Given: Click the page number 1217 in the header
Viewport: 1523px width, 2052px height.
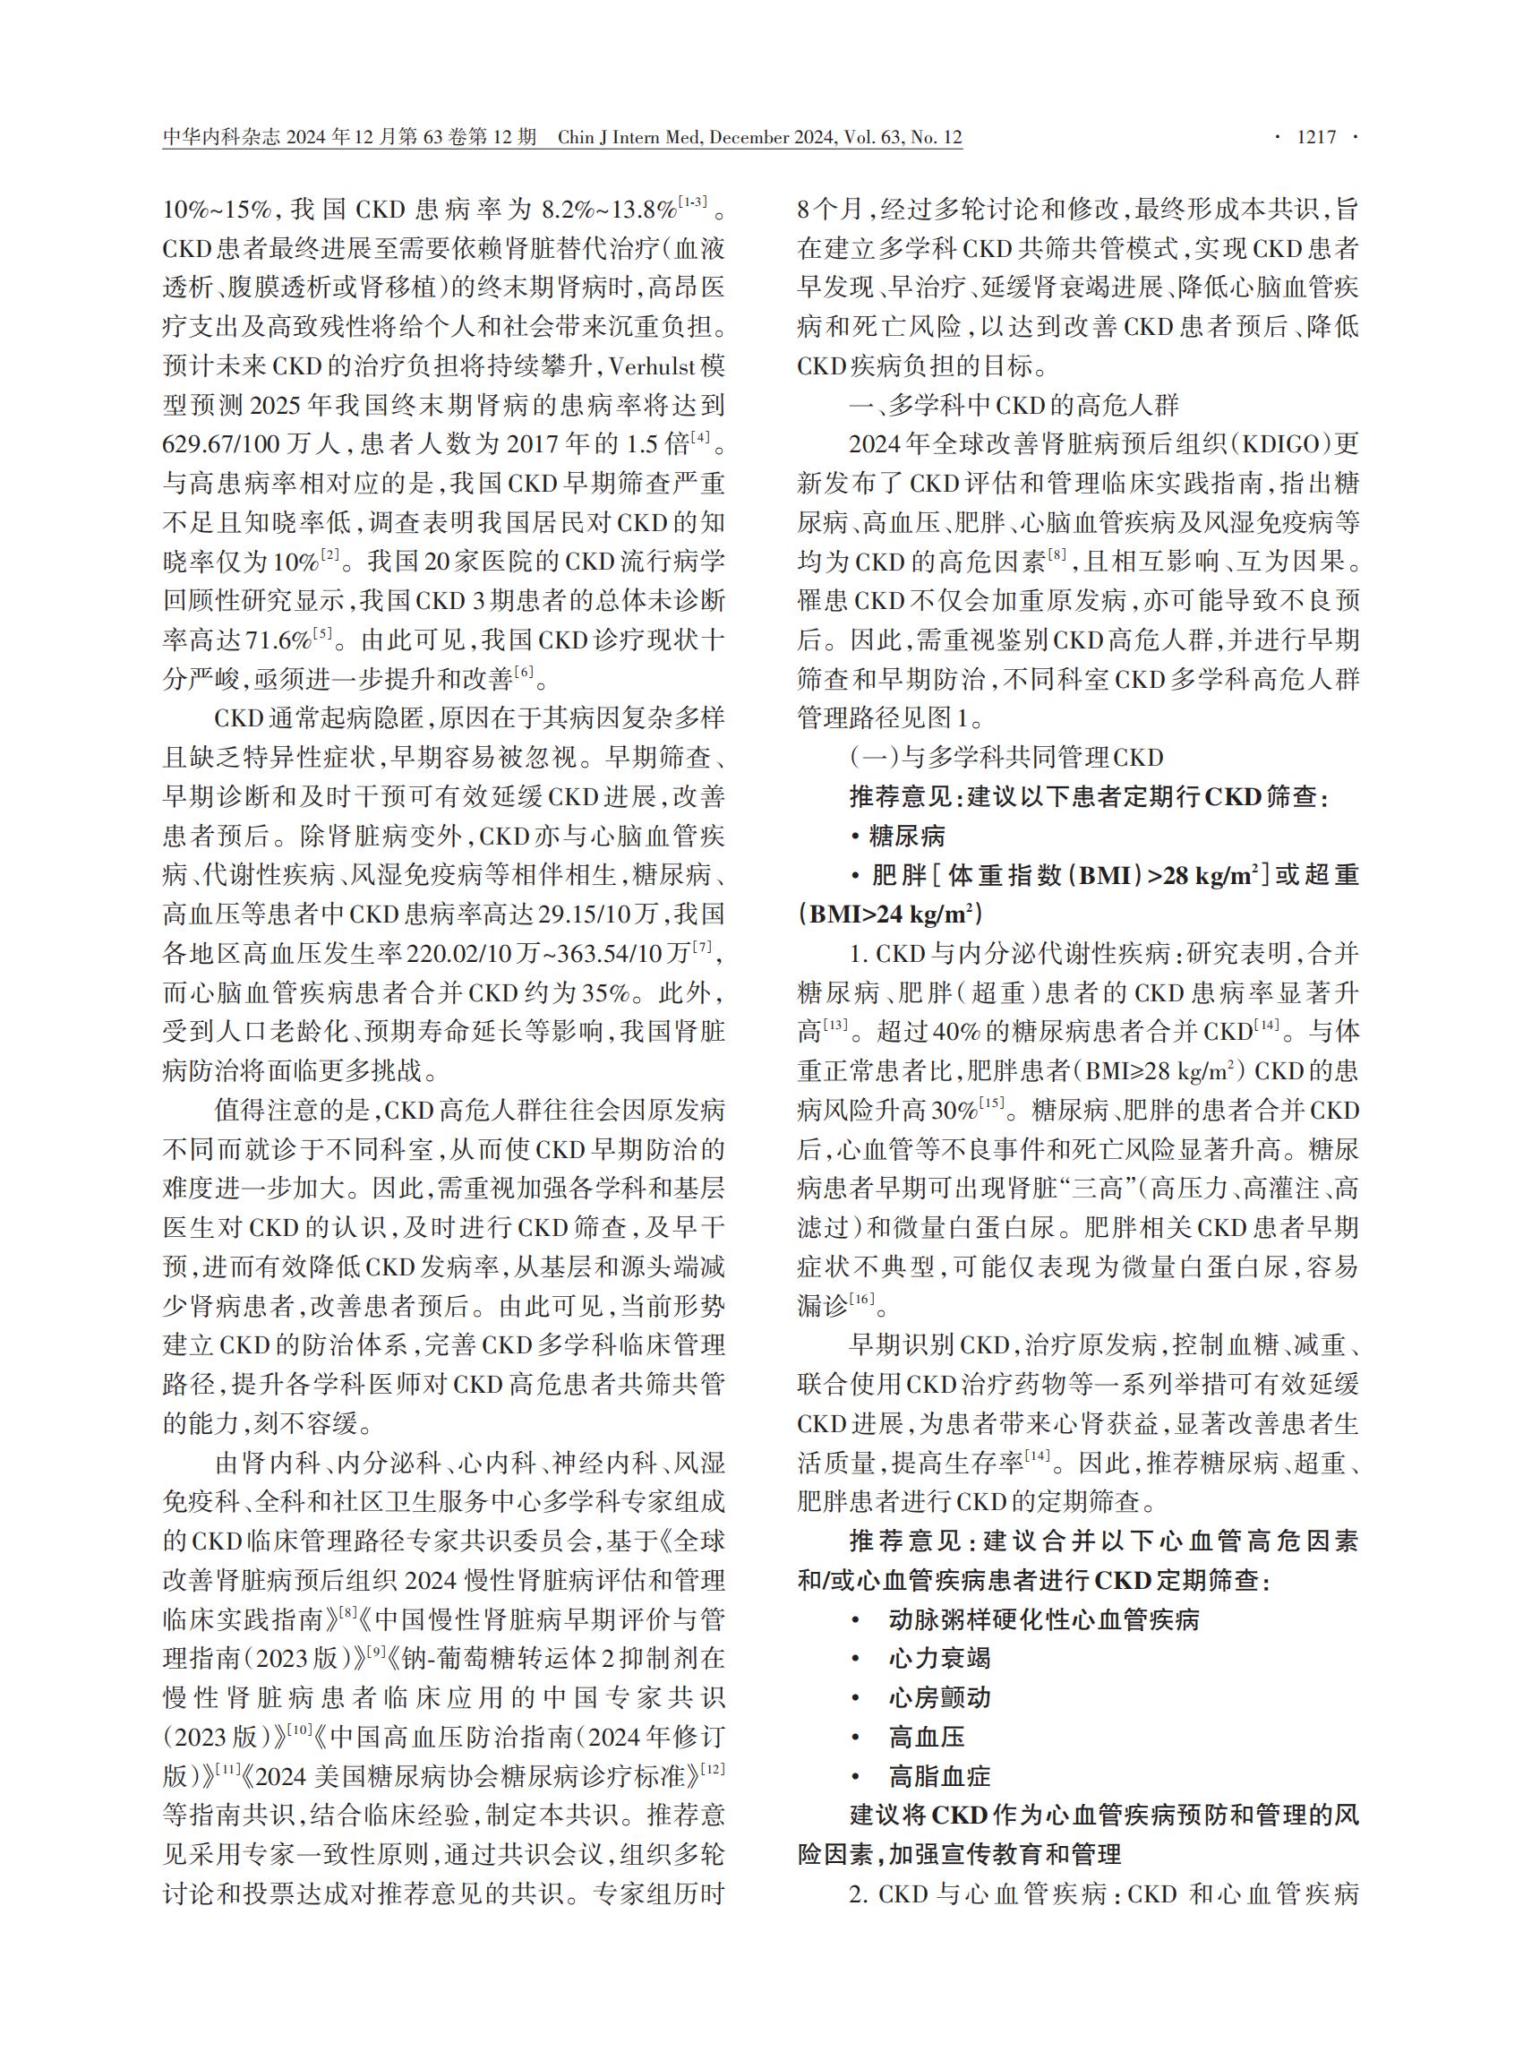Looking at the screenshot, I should [1315, 138].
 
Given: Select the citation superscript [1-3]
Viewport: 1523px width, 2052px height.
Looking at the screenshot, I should [692, 202].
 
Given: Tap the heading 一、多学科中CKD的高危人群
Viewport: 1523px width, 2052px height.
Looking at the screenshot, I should [1014, 405].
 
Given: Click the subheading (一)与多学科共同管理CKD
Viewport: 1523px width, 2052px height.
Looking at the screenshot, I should [1005, 757].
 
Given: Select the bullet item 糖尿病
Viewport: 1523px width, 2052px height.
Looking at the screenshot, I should [907, 837].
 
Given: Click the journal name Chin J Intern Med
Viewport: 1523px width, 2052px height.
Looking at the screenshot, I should [630, 138].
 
